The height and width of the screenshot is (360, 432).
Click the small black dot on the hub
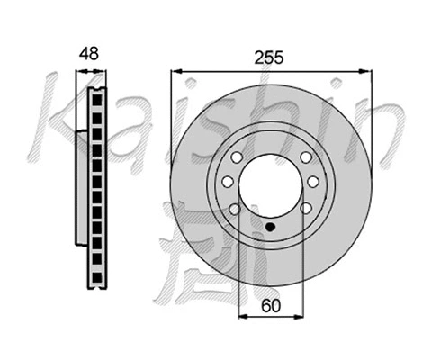[x=270, y=227]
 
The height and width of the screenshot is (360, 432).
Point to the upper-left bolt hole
[x=233, y=157]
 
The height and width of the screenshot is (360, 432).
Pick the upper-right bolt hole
[x=306, y=157]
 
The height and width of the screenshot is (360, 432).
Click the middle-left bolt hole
[x=227, y=183]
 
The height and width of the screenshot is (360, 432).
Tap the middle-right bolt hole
[x=312, y=183]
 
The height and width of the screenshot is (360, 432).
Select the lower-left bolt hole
[x=234, y=209]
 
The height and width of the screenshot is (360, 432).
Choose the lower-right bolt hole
[x=306, y=209]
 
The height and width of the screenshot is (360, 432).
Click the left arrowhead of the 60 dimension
[x=241, y=318]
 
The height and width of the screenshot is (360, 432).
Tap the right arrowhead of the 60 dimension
[x=299, y=318]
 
